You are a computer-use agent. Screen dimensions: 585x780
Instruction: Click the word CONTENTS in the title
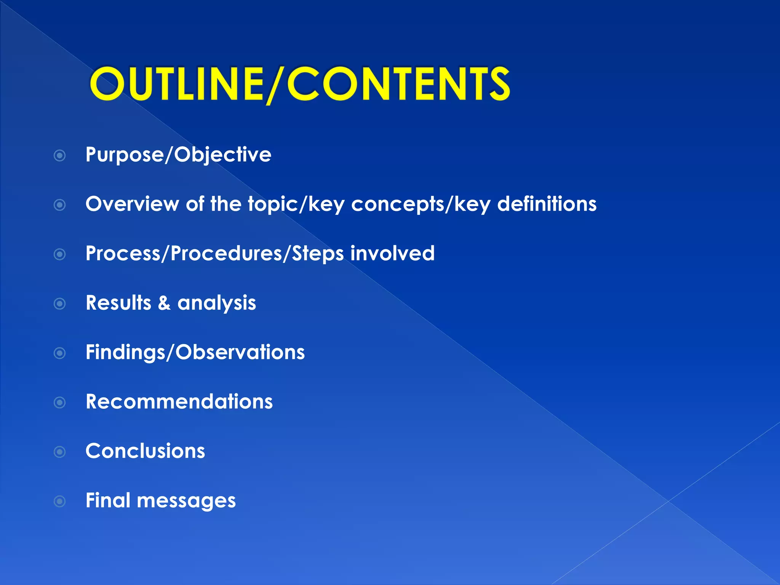(x=398, y=84)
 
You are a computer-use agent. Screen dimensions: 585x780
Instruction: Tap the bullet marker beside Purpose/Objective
(x=60, y=155)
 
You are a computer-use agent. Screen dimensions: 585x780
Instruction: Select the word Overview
(x=132, y=204)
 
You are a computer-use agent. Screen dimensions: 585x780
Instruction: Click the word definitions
(x=547, y=204)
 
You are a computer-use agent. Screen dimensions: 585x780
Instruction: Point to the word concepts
(x=396, y=205)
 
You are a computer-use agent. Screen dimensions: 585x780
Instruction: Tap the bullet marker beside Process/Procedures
(x=60, y=254)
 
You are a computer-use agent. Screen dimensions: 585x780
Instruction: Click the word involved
(x=392, y=253)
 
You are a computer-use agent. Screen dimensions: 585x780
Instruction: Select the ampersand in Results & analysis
(x=164, y=303)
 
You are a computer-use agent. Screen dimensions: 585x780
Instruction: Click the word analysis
(x=217, y=304)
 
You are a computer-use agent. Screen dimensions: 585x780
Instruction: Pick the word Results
(x=118, y=303)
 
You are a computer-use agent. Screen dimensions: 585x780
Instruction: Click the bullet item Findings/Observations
(x=195, y=352)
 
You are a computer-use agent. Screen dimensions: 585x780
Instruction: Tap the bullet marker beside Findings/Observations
(x=60, y=353)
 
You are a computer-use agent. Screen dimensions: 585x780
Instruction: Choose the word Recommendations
(x=179, y=402)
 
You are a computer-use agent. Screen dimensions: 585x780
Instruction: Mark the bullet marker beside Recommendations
(x=60, y=403)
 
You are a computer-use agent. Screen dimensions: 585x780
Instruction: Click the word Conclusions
(x=145, y=451)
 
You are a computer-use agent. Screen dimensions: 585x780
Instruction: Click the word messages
(x=186, y=501)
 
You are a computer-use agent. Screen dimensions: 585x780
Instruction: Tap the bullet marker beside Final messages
(x=60, y=501)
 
